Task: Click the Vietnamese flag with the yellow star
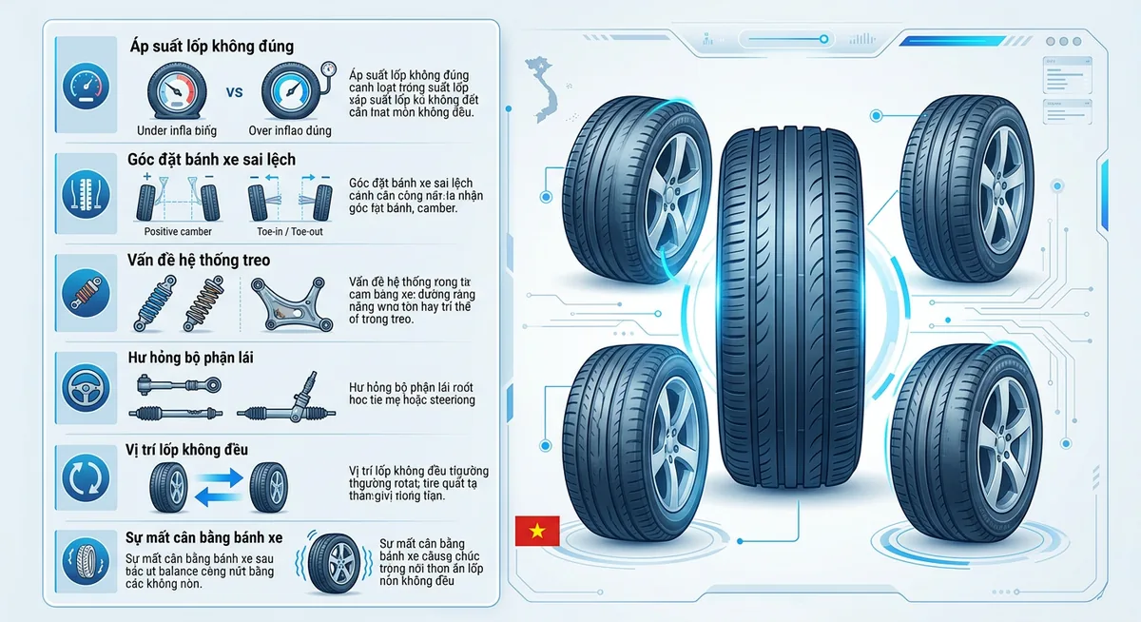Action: (537, 531)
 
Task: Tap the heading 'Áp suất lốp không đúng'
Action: (211, 46)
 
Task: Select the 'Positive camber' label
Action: (178, 231)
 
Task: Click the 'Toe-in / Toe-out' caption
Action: (289, 231)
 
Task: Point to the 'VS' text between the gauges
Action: (235, 93)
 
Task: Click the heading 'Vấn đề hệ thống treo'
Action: (199, 261)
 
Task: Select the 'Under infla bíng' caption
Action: (177, 130)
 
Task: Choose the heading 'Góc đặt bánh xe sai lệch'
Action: (211, 160)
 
